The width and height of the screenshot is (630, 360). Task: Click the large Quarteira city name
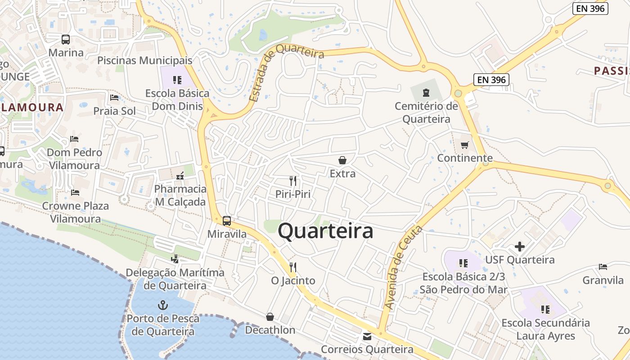point(325,231)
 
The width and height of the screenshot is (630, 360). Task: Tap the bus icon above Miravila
point(227,221)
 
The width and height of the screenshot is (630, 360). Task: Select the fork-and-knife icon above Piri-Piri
point(293,181)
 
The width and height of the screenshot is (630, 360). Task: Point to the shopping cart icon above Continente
point(465,145)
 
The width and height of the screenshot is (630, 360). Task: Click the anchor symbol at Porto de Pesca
point(162,306)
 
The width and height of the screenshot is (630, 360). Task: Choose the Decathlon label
point(270,330)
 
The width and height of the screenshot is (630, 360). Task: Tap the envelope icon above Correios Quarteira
point(367,336)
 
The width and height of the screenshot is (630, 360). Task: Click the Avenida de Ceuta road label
point(403,267)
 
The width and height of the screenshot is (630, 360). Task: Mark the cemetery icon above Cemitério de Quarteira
point(426,93)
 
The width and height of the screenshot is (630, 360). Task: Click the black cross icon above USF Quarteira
point(520,247)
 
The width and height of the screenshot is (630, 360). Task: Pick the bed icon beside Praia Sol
point(114,98)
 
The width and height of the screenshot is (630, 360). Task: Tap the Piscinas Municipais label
point(145,60)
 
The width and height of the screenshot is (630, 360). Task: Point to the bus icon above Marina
point(66,40)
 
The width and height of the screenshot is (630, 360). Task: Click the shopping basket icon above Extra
point(342,160)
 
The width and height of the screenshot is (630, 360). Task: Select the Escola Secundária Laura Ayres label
point(545,329)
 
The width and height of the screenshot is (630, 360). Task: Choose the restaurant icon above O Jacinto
point(293,267)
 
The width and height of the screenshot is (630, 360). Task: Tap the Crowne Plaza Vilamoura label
point(76,212)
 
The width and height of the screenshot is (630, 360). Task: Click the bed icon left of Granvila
point(603,267)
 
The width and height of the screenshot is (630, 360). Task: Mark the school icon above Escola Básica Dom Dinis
point(177,80)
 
